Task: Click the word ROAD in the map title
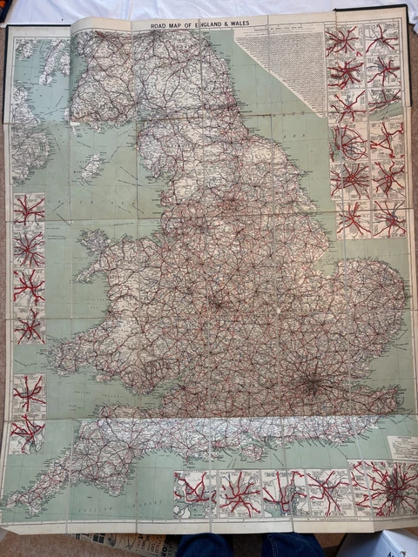[x=162, y=26]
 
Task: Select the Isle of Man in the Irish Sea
[x=91, y=166]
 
